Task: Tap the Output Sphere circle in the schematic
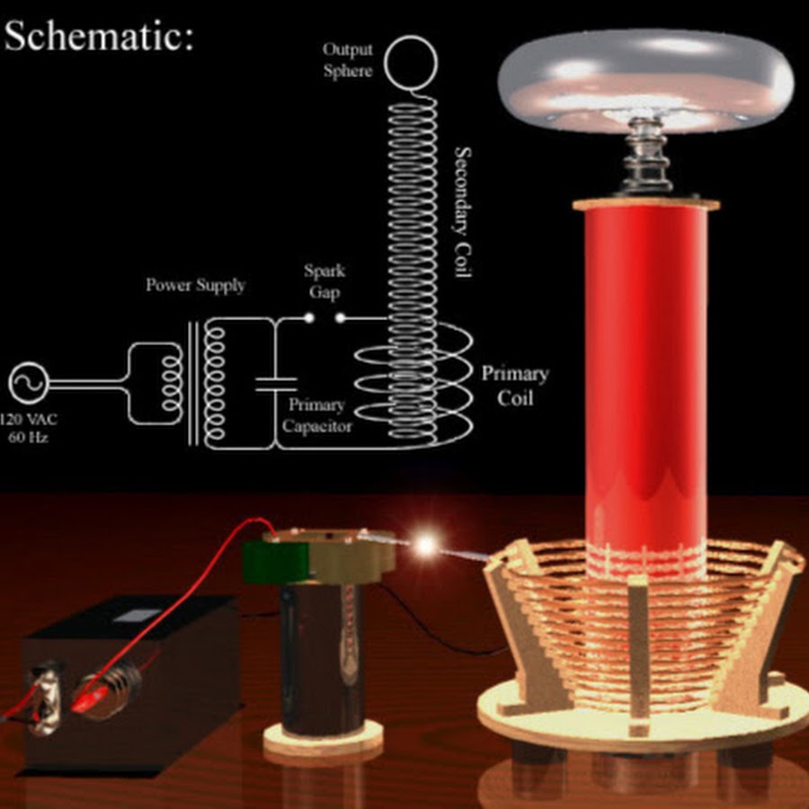tap(411, 60)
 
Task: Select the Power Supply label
tap(195, 286)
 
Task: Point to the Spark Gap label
tap(324, 281)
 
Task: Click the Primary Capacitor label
tap(316, 415)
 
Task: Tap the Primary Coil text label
tap(514, 385)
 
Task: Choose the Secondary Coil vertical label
tap(463, 212)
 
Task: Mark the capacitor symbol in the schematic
tap(275, 384)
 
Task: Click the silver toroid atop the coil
tap(645, 76)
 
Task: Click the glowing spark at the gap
tap(425, 543)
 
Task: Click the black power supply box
tap(135, 683)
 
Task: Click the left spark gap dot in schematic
tap(308, 317)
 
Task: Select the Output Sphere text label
tap(347, 59)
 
